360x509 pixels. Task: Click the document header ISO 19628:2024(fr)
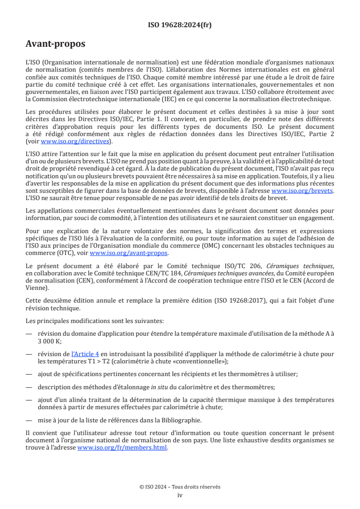coord(180,25)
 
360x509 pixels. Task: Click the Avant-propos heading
coord(55,44)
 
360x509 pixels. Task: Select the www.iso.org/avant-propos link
coord(129,253)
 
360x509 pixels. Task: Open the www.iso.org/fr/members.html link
coord(123,448)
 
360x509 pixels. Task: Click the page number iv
coord(180,495)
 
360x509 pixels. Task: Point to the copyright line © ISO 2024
coord(180,487)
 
